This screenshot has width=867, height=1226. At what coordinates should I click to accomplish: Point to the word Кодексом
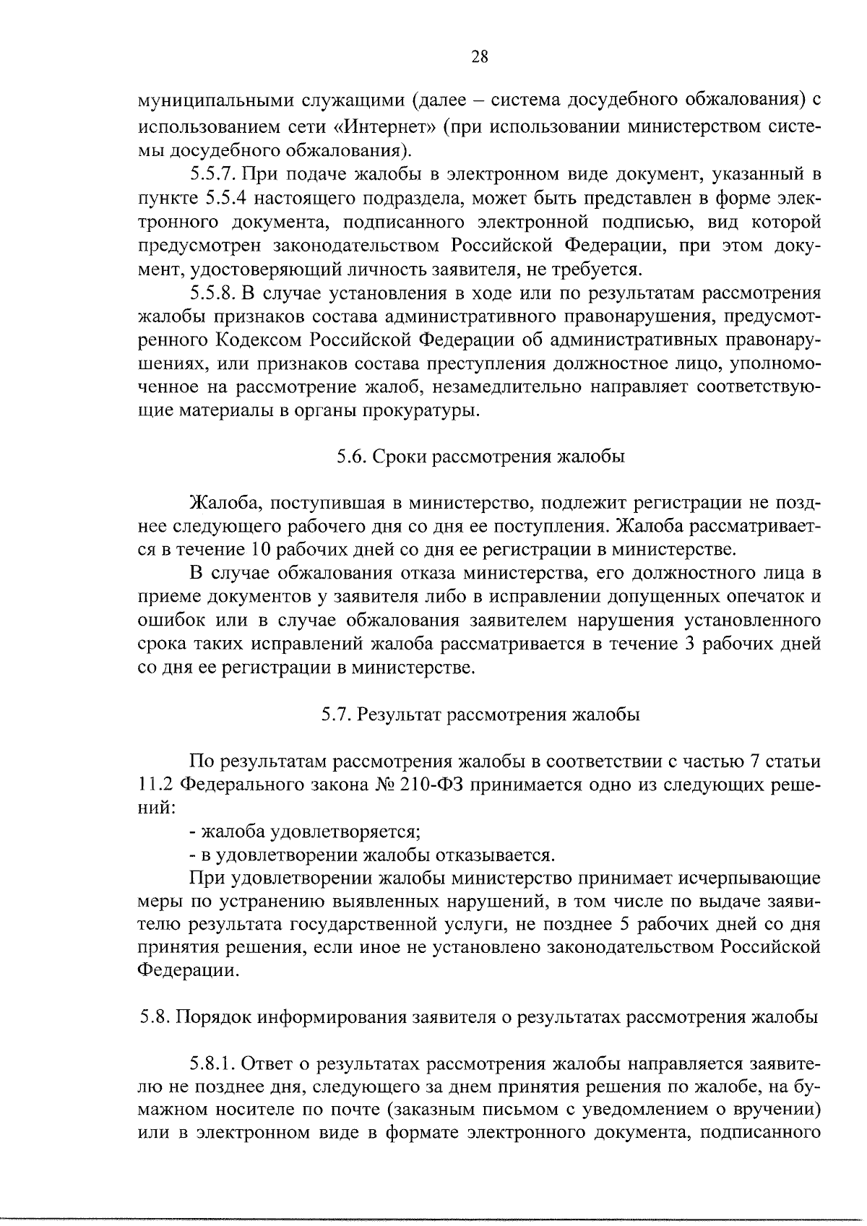tap(261, 340)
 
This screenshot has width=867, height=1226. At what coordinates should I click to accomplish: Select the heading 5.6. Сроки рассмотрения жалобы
tap(480, 457)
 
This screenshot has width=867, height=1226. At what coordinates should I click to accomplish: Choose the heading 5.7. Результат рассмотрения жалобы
tap(480, 715)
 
